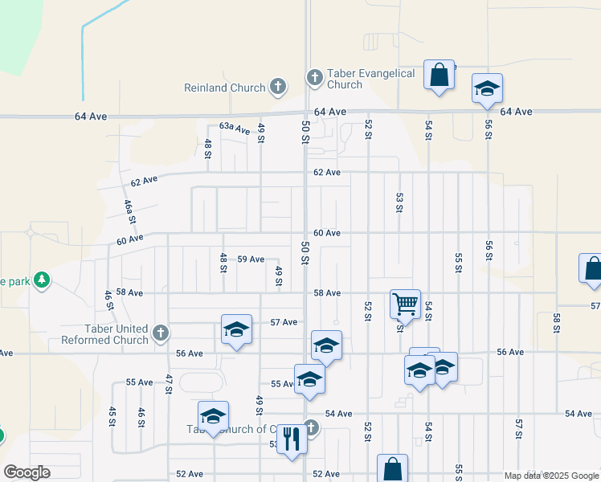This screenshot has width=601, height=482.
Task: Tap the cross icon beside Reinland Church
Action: click(x=278, y=86)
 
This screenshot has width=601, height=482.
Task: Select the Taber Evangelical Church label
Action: click(x=372, y=79)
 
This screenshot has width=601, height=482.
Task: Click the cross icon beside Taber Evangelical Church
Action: click(x=314, y=78)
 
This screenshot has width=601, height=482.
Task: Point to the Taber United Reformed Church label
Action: click(x=105, y=334)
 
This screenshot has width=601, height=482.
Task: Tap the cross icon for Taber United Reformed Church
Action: click(x=161, y=332)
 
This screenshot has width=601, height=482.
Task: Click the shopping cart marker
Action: click(x=405, y=304)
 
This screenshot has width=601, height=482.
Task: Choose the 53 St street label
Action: click(x=399, y=202)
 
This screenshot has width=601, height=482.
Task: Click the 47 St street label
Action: click(x=169, y=384)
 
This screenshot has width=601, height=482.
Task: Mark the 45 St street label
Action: click(x=112, y=415)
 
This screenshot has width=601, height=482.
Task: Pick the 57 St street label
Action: click(x=519, y=429)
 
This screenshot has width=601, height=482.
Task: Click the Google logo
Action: click(x=27, y=472)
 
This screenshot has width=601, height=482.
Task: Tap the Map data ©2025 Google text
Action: click(x=551, y=476)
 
